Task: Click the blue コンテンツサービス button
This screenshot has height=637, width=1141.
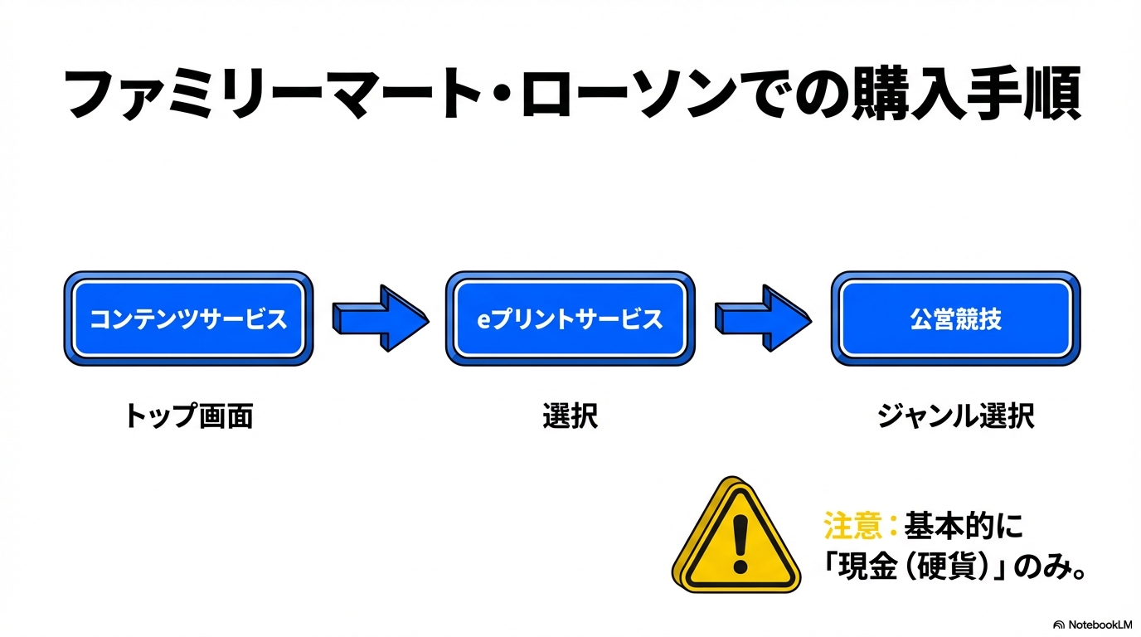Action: (188, 318)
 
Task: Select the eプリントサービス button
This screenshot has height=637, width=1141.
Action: (570, 318)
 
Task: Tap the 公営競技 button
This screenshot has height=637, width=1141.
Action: (955, 318)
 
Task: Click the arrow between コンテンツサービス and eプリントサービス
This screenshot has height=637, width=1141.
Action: (380, 318)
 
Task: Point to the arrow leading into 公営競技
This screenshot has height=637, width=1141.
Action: (763, 318)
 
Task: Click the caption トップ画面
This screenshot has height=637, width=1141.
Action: (188, 416)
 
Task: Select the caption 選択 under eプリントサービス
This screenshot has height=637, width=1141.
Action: (570, 416)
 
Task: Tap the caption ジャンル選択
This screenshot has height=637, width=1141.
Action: (955, 416)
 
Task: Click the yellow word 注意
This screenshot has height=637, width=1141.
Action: (852, 525)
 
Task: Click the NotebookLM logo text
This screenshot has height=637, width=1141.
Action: (1092, 625)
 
